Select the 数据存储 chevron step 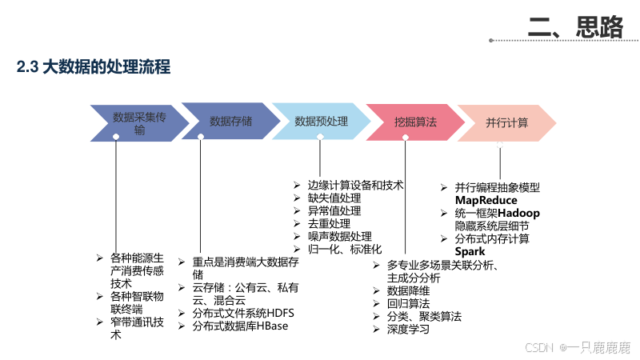pyautogui.click(x=230, y=122)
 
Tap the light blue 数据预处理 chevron pyautogui.click(x=322, y=122)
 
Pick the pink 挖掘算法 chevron pyautogui.click(x=415, y=122)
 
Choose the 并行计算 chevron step pyautogui.click(x=507, y=122)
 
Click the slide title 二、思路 pyautogui.click(x=575, y=27)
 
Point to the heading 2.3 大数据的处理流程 pyautogui.click(x=94, y=68)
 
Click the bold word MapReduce pyautogui.click(x=486, y=200)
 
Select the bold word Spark pyautogui.click(x=470, y=252)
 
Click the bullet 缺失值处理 pyautogui.click(x=334, y=198)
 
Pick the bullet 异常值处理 pyautogui.click(x=334, y=211)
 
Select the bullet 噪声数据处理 pyautogui.click(x=340, y=237)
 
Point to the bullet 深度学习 pyautogui.click(x=408, y=330)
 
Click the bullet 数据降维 pyautogui.click(x=408, y=290)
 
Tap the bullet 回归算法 pyautogui.click(x=408, y=303)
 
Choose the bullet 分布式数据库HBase pyautogui.click(x=239, y=326)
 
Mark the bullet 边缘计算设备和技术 pyautogui.click(x=355, y=185)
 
